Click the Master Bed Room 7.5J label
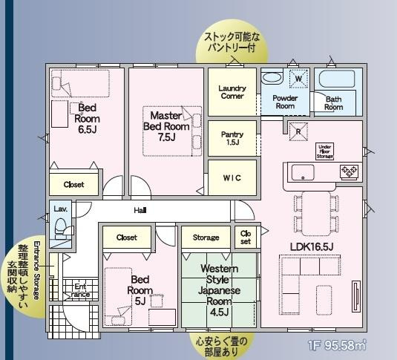(x=170, y=126)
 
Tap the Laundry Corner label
(x=232, y=92)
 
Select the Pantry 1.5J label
(x=232, y=138)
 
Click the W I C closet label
(x=232, y=178)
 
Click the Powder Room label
(x=284, y=102)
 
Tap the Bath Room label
(x=333, y=102)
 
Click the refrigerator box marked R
(x=298, y=133)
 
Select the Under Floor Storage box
(x=325, y=151)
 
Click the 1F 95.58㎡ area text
(x=338, y=345)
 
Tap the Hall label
(x=140, y=211)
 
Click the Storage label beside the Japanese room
(x=206, y=238)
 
